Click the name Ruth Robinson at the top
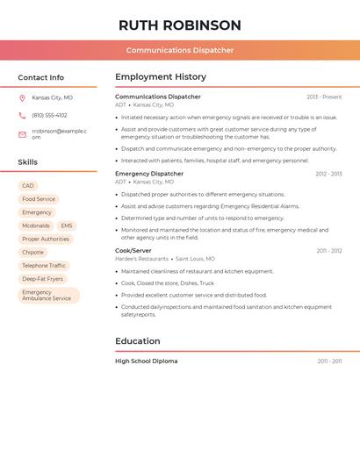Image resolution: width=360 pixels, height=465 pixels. coord(179,25)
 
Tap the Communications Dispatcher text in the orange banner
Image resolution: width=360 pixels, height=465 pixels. coord(179,50)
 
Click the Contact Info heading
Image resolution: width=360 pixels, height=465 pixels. coord(40,77)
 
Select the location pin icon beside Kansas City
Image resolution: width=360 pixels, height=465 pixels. coord(22,97)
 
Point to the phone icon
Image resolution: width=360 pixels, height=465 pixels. coord(22,115)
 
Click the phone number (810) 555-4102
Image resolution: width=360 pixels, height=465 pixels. coord(49,115)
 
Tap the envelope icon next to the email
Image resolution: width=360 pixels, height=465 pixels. coord(22,134)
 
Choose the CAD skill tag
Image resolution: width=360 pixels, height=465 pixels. coord(28,186)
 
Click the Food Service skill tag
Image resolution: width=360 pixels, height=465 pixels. coord(39,199)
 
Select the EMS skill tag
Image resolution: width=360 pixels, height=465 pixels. coord(67,225)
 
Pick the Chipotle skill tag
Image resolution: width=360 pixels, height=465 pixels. coord(33,252)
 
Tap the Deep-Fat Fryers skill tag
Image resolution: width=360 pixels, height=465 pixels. coord(43,279)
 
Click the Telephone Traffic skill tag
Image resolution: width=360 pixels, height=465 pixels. coord(44,266)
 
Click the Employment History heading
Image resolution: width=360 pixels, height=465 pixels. coord(161,77)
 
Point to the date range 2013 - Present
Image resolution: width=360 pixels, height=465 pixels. coord(324,97)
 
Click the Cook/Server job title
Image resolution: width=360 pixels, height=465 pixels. coord(133,251)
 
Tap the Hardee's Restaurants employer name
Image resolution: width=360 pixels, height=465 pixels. coord(141,259)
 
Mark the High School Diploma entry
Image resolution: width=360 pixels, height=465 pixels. coord(146,361)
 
